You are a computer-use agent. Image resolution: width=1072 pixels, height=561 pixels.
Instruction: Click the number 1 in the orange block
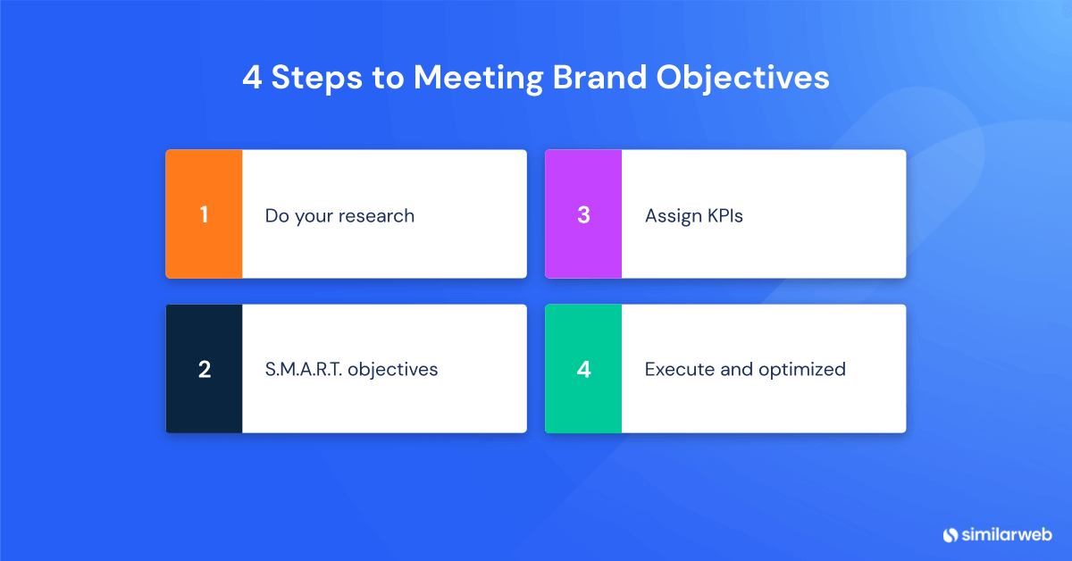204,215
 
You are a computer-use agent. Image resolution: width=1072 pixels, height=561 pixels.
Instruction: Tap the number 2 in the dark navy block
204,370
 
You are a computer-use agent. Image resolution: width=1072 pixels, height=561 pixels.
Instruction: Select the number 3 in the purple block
583,215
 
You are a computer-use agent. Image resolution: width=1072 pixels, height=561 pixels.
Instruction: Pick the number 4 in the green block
583,370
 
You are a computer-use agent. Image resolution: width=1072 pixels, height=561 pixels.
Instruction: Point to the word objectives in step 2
393,370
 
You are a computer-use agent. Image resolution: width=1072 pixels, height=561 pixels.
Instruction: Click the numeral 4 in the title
252,78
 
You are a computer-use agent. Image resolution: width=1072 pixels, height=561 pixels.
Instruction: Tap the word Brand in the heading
599,78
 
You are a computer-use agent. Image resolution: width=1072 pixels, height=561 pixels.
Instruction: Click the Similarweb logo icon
950,534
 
